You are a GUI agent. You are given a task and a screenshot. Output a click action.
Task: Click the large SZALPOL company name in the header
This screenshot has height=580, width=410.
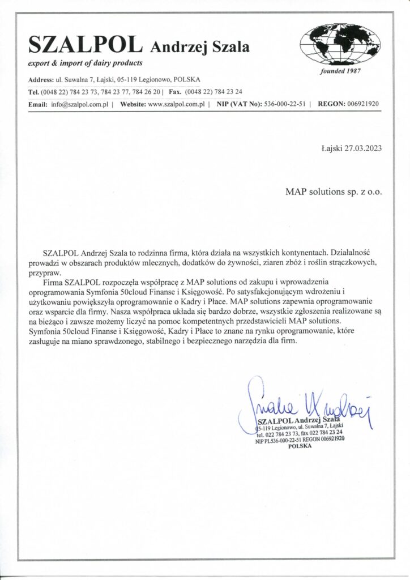tap(84, 45)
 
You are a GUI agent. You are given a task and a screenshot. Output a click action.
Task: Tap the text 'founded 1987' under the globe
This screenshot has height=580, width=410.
tap(340, 71)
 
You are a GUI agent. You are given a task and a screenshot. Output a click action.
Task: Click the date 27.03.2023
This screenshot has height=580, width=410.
tap(363, 150)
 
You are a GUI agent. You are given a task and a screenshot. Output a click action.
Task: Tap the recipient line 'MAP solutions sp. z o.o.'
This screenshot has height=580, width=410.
tap(334, 191)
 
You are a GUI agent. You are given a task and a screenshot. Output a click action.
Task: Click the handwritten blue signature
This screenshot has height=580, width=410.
tap(306, 403)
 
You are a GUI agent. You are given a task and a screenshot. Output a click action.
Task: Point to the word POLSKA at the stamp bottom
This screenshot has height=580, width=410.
tap(300, 446)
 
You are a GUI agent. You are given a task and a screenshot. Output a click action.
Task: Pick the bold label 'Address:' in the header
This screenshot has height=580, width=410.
tap(41, 80)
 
